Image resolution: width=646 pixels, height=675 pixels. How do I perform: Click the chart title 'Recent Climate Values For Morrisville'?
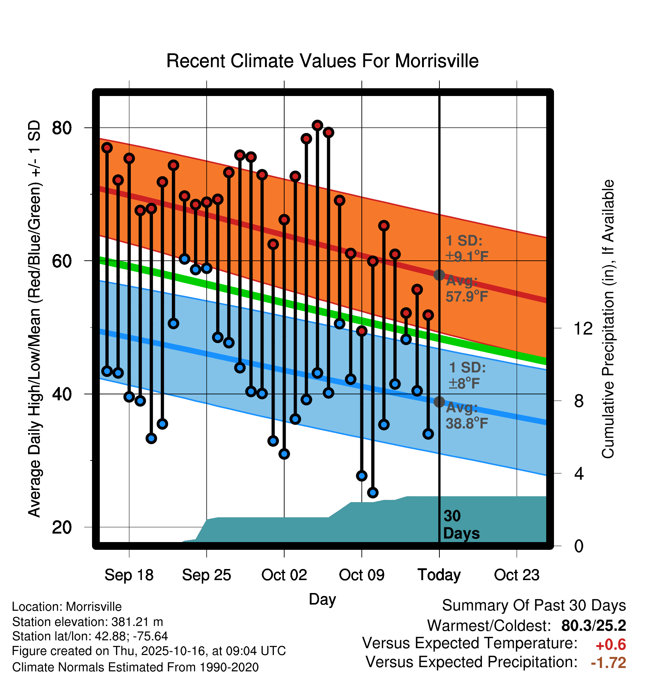tap(322, 61)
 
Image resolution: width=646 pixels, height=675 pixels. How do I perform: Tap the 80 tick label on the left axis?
tap(62, 128)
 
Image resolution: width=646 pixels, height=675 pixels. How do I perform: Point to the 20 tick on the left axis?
tap(62, 527)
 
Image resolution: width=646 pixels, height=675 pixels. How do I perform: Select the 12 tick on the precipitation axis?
tap(583, 328)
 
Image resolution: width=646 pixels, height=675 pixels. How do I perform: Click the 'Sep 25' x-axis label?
tap(206, 575)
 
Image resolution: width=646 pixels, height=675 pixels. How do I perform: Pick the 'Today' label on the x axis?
tap(439, 575)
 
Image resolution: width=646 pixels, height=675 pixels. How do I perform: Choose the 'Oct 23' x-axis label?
tap(517, 575)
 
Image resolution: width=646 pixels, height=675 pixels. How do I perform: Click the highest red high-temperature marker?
tap(317, 126)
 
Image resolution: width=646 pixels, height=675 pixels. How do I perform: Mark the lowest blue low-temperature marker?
tap(373, 492)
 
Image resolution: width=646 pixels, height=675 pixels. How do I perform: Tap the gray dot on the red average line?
tap(439, 275)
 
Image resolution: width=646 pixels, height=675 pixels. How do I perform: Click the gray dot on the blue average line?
tap(439, 402)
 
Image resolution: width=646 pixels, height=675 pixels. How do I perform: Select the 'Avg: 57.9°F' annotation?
tap(466, 289)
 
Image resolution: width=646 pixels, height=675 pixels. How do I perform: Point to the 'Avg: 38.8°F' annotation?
tap(466, 415)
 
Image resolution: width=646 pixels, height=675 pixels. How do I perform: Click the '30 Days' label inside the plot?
tap(461, 525)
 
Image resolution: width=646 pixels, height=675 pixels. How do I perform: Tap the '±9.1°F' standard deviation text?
tap(467, 256)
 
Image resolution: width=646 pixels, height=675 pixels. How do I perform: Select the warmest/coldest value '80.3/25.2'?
tap(594, 626)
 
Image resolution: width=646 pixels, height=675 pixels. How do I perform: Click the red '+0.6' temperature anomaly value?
tap(611, 645)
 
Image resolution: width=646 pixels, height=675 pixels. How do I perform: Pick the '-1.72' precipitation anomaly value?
tap(608, 663)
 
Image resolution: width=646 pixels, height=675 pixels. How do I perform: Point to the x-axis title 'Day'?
tap(322, 599)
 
